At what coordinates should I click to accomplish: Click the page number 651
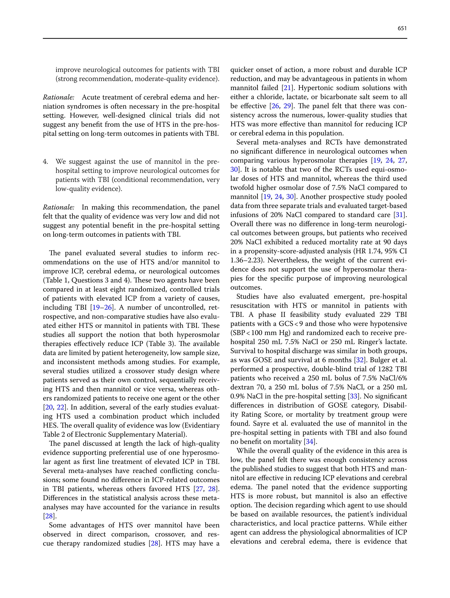pos(402,28)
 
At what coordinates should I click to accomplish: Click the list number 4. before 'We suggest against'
pos(45,162)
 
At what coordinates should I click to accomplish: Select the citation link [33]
pos(354,396)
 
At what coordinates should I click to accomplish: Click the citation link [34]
pos(309,442)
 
